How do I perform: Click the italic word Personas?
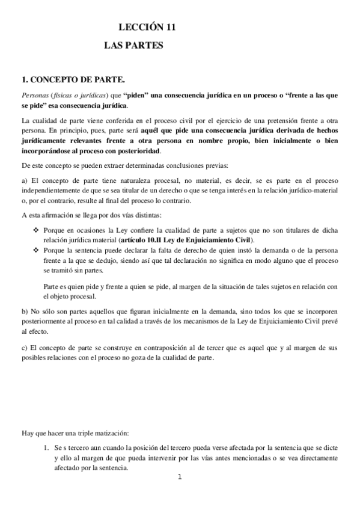(x=35, y=96)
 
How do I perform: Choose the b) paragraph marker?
(x=24, y=312)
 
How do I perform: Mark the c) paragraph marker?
(x=24, y=348)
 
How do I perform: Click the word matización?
(x=108, y=433)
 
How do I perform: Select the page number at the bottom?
(x=179, y=478)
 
